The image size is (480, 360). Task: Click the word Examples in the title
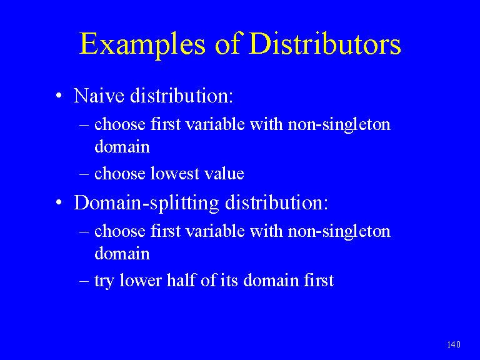click(142, 45)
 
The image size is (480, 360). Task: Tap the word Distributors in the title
click(324, 44)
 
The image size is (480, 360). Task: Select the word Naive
click(99, 96)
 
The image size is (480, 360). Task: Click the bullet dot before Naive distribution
click(59, 96)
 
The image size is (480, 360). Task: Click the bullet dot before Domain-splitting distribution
click(59, 202)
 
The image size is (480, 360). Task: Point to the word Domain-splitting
click(147, 203)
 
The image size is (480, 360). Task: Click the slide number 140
click(454, 345)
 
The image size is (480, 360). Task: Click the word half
click(181, 280)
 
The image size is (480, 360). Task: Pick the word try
click(104, 281)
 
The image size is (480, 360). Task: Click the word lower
click(140, 280)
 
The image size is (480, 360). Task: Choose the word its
click(229, 280)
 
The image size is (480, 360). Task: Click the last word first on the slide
click(319, 280)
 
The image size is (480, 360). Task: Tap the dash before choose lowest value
click(84, 174)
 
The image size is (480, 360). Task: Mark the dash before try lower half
click(84, 281)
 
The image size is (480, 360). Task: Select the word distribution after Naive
click(181, 96)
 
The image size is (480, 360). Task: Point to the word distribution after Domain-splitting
click(276, 202)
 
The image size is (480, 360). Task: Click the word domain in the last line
click(271, 280)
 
